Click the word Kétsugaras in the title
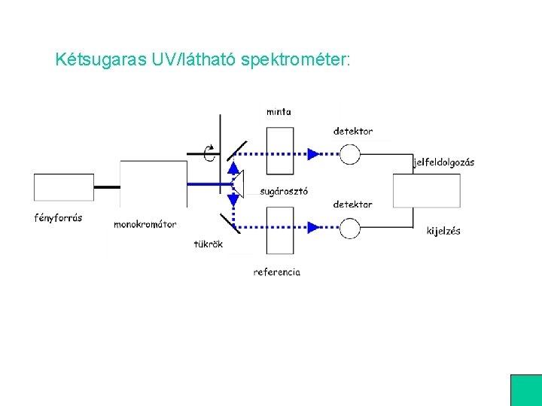click(91, 59)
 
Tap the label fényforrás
click(58, 219)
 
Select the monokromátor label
click(145, 224)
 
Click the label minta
click(279, 112)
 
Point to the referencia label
click(276, 272)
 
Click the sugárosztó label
click(284, 191)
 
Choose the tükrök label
click(208, 244)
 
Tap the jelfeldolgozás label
click(444, 162)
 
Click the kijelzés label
click(443, 231)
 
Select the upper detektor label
click(353, 132)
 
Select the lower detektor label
click(353, 205)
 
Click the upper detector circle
click(350, 153)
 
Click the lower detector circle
click(350, 226)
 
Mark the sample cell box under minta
click(279, 150)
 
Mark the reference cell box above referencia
click(279, 231)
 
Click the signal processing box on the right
click(427, 190)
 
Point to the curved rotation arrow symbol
click(210, 153)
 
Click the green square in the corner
click(526, 390)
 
